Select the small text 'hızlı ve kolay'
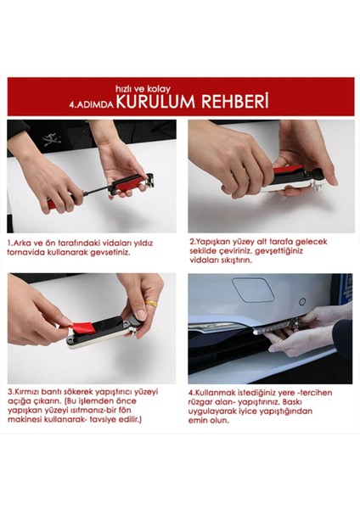pos(138,87)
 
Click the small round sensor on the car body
pos(302,301)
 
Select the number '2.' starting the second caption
pos(191,242)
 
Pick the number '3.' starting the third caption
pos(10,391)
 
